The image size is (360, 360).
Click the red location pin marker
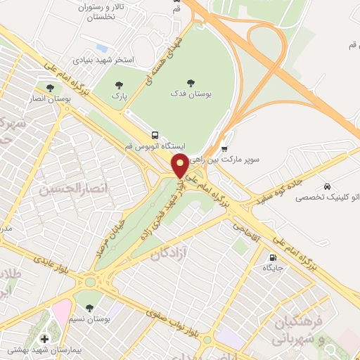click(180, 165)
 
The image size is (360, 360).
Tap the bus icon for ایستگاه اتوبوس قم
click(155, 135)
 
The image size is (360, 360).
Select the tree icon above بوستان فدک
click(192, 82)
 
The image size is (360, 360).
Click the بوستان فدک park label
click(191, 93)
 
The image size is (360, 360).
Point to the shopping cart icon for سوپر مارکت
click(224, 148)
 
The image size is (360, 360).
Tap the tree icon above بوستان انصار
click(51, 88)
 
